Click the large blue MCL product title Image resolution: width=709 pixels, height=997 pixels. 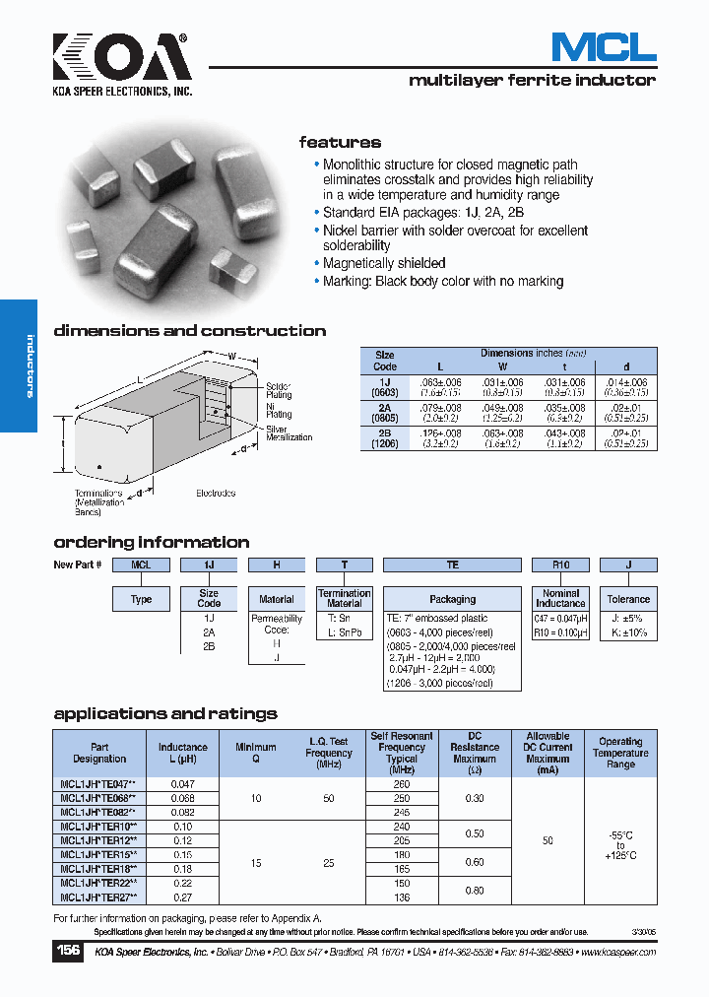tap(603, 47)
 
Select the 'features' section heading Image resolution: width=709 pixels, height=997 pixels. tap(340, 143)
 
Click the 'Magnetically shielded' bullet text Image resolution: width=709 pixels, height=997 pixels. tap(384, 263)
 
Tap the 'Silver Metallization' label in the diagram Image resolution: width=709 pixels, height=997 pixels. tap(289, 433)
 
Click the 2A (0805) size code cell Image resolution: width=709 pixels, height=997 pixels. tap(385, 412)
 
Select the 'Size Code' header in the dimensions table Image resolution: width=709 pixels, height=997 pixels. tap(385, 360)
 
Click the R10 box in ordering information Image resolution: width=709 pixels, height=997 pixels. tap(560, 565)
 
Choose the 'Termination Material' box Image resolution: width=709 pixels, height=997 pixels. tap(345, 598)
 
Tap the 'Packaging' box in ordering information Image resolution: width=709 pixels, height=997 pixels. tap(452, 599)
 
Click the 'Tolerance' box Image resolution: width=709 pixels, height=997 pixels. tap(628, 599)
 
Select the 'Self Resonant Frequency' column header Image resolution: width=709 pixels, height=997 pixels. tap(402, 753)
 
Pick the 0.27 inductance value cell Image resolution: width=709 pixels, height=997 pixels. tap(182, 898)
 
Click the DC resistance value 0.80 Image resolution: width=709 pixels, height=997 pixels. tap(474, 891)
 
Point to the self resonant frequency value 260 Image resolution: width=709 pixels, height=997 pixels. tap(402, 784)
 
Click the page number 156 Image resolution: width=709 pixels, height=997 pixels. tap(67, 951)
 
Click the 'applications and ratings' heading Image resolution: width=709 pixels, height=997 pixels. tap(165, 713)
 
